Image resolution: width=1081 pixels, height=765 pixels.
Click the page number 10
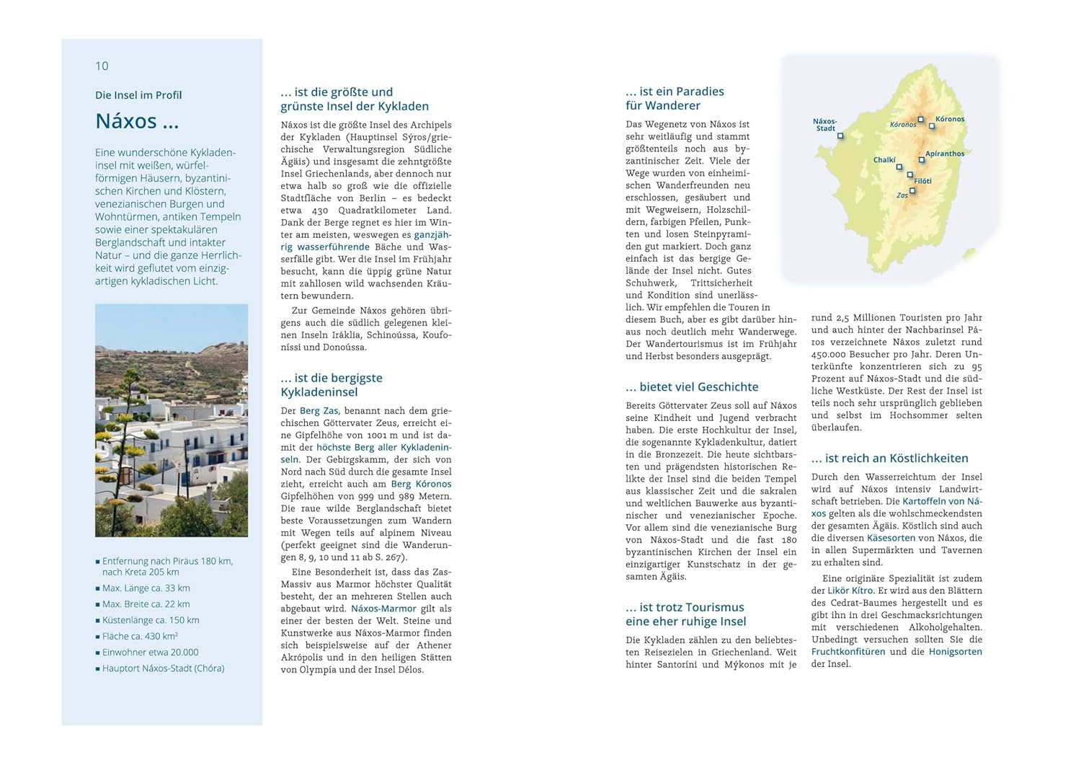point(102,66)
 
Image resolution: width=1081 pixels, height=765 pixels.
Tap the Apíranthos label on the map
point(945,154)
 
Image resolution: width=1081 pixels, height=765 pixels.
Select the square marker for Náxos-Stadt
point(840,136)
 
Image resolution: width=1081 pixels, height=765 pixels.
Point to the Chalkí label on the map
point(884,160)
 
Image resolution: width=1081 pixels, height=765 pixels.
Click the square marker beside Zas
point(913,191)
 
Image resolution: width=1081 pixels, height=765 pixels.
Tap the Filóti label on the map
point(922,181)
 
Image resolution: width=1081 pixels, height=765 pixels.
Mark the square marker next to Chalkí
point(899,167)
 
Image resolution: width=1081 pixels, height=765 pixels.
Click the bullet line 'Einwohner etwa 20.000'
point(150,653)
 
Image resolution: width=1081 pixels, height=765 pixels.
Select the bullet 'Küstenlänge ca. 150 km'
point(151,620)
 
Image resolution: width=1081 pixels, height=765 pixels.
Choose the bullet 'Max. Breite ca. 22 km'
point(146,604)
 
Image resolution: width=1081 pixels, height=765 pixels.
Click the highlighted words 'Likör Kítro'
point(850,591)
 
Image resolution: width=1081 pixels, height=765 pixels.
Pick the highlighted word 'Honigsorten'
point(955,652)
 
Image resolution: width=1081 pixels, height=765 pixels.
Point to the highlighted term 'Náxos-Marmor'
point(383,609)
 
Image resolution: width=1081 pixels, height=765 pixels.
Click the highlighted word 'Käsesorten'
point(891,538)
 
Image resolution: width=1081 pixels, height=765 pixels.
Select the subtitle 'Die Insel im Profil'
point(138,95)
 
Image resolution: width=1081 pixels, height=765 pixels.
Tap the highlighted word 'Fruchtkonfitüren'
point(848,652)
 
